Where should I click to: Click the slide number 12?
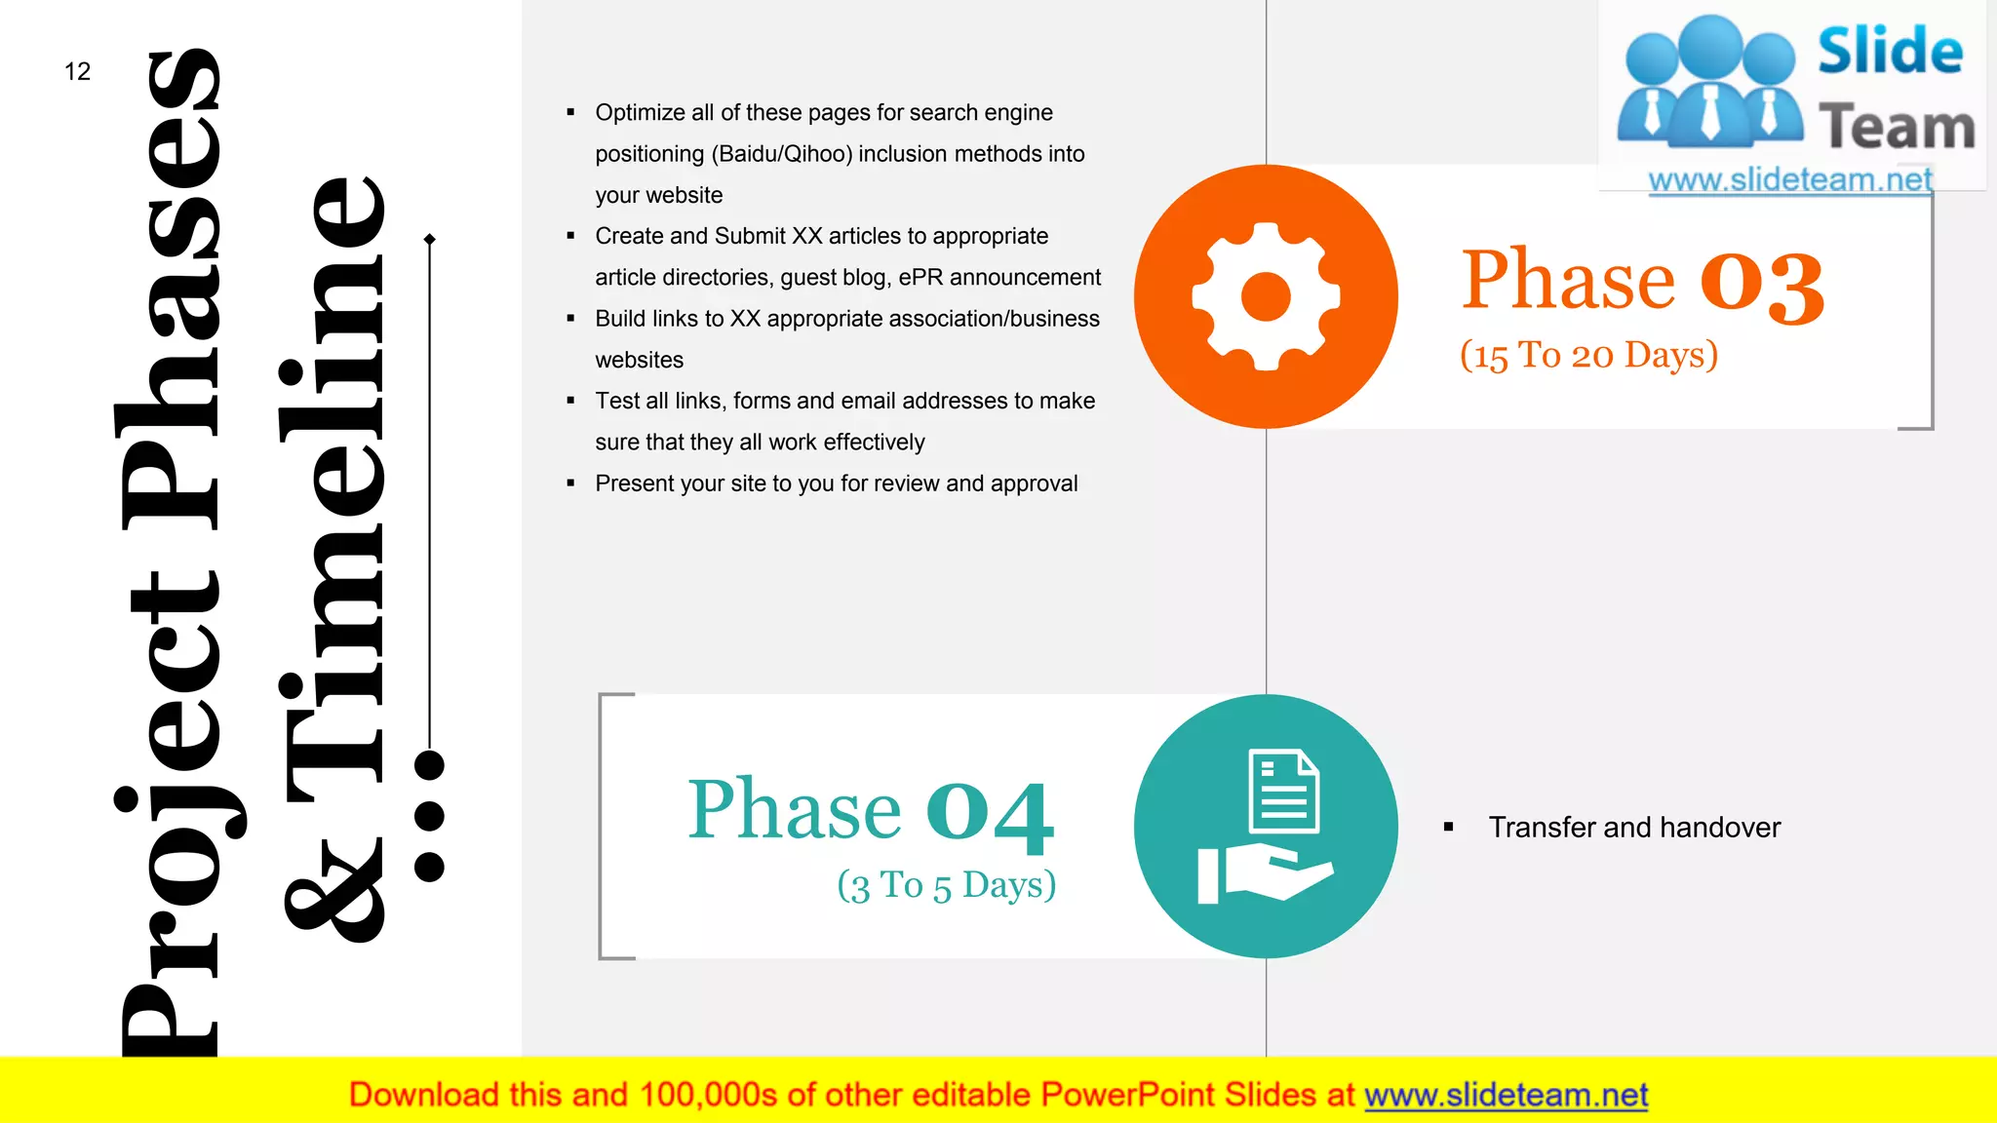tap(77, 71)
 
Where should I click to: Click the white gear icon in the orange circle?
tap(1266, 296)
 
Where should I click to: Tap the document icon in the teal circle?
tap(1284, 791)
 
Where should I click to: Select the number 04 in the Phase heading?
tap(990, 813)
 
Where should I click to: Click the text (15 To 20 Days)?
tap(1588, 355)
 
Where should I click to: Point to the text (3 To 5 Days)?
tap(946, 885)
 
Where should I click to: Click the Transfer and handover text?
tap(1634, 828)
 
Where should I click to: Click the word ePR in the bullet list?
tap(920, 278)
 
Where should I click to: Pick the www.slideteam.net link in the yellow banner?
tap(1506, 1095)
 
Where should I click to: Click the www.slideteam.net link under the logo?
tap(1789, 179)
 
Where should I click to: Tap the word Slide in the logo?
tap(1890, 52)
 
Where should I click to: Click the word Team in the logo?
tap(1897, 128)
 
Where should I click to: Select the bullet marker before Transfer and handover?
tap(1449, 828)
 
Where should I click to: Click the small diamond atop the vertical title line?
tap(430, 239)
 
